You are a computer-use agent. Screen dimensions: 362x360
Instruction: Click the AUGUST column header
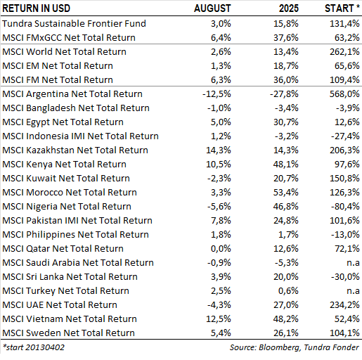212,8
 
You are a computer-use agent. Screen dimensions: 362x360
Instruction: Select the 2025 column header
289,8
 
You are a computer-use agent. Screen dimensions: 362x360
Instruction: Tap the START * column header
342,8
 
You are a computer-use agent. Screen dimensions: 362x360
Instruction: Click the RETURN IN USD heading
37,8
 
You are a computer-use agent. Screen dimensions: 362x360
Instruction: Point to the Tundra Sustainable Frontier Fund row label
74,23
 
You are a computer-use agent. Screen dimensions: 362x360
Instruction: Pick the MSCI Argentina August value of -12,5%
216,94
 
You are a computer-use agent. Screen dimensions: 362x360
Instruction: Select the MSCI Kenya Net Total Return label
64,165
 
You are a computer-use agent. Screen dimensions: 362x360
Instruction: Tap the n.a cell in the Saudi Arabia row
353,263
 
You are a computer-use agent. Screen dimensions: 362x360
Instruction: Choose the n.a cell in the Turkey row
353,291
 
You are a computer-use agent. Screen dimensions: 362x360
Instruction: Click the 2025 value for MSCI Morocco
286,193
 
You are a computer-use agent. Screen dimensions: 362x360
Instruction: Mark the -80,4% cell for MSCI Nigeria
345,207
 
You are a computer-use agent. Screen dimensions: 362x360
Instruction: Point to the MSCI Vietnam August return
219,319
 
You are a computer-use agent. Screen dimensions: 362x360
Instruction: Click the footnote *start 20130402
34,347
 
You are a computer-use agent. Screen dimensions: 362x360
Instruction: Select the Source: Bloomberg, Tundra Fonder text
295,347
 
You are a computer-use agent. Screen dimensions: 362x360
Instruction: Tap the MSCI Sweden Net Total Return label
68,333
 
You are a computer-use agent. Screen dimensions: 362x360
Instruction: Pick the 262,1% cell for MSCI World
344,52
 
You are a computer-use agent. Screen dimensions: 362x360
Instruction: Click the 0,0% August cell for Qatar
221,249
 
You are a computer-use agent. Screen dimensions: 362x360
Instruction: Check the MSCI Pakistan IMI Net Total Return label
77,221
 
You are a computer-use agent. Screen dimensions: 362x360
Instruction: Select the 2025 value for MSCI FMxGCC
286,38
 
